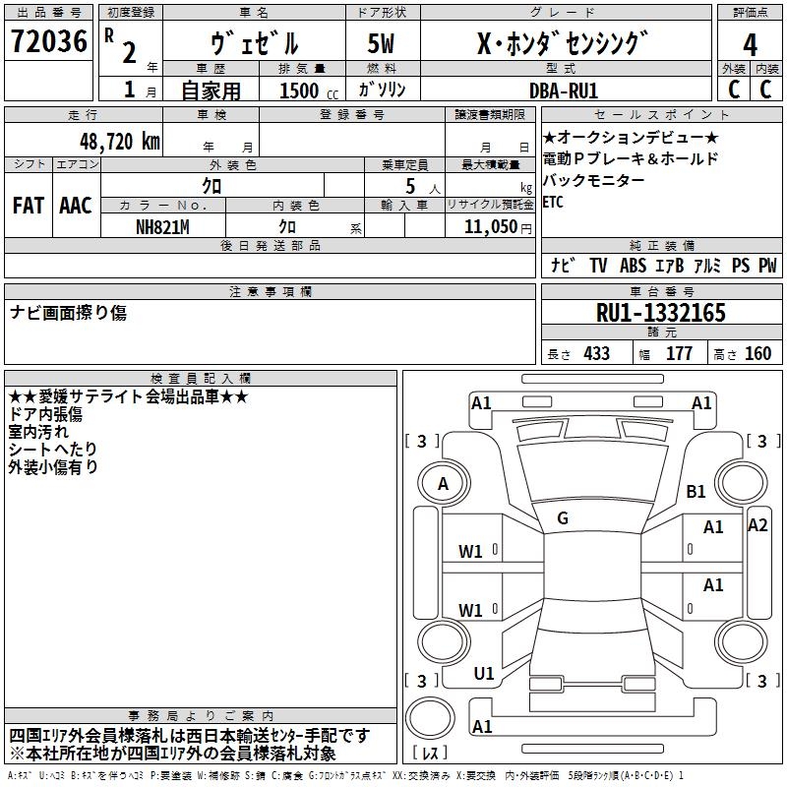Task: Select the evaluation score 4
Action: pos(750,44)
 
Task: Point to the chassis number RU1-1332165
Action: pos(660,313)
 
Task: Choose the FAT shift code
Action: pos(29,206)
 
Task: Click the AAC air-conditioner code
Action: pos(76,206)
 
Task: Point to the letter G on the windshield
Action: pos(562,518)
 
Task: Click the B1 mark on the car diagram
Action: pos(696,491)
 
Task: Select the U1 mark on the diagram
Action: pos(483,674)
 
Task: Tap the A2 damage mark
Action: pos(757,525)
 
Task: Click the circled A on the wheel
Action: pos(443,483)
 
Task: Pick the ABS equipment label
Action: pos(633,266)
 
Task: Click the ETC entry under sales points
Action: pos(553,203)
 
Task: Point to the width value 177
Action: pos(679,354)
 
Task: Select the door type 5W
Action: pos(384,44)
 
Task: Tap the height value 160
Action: pos(757,354)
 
